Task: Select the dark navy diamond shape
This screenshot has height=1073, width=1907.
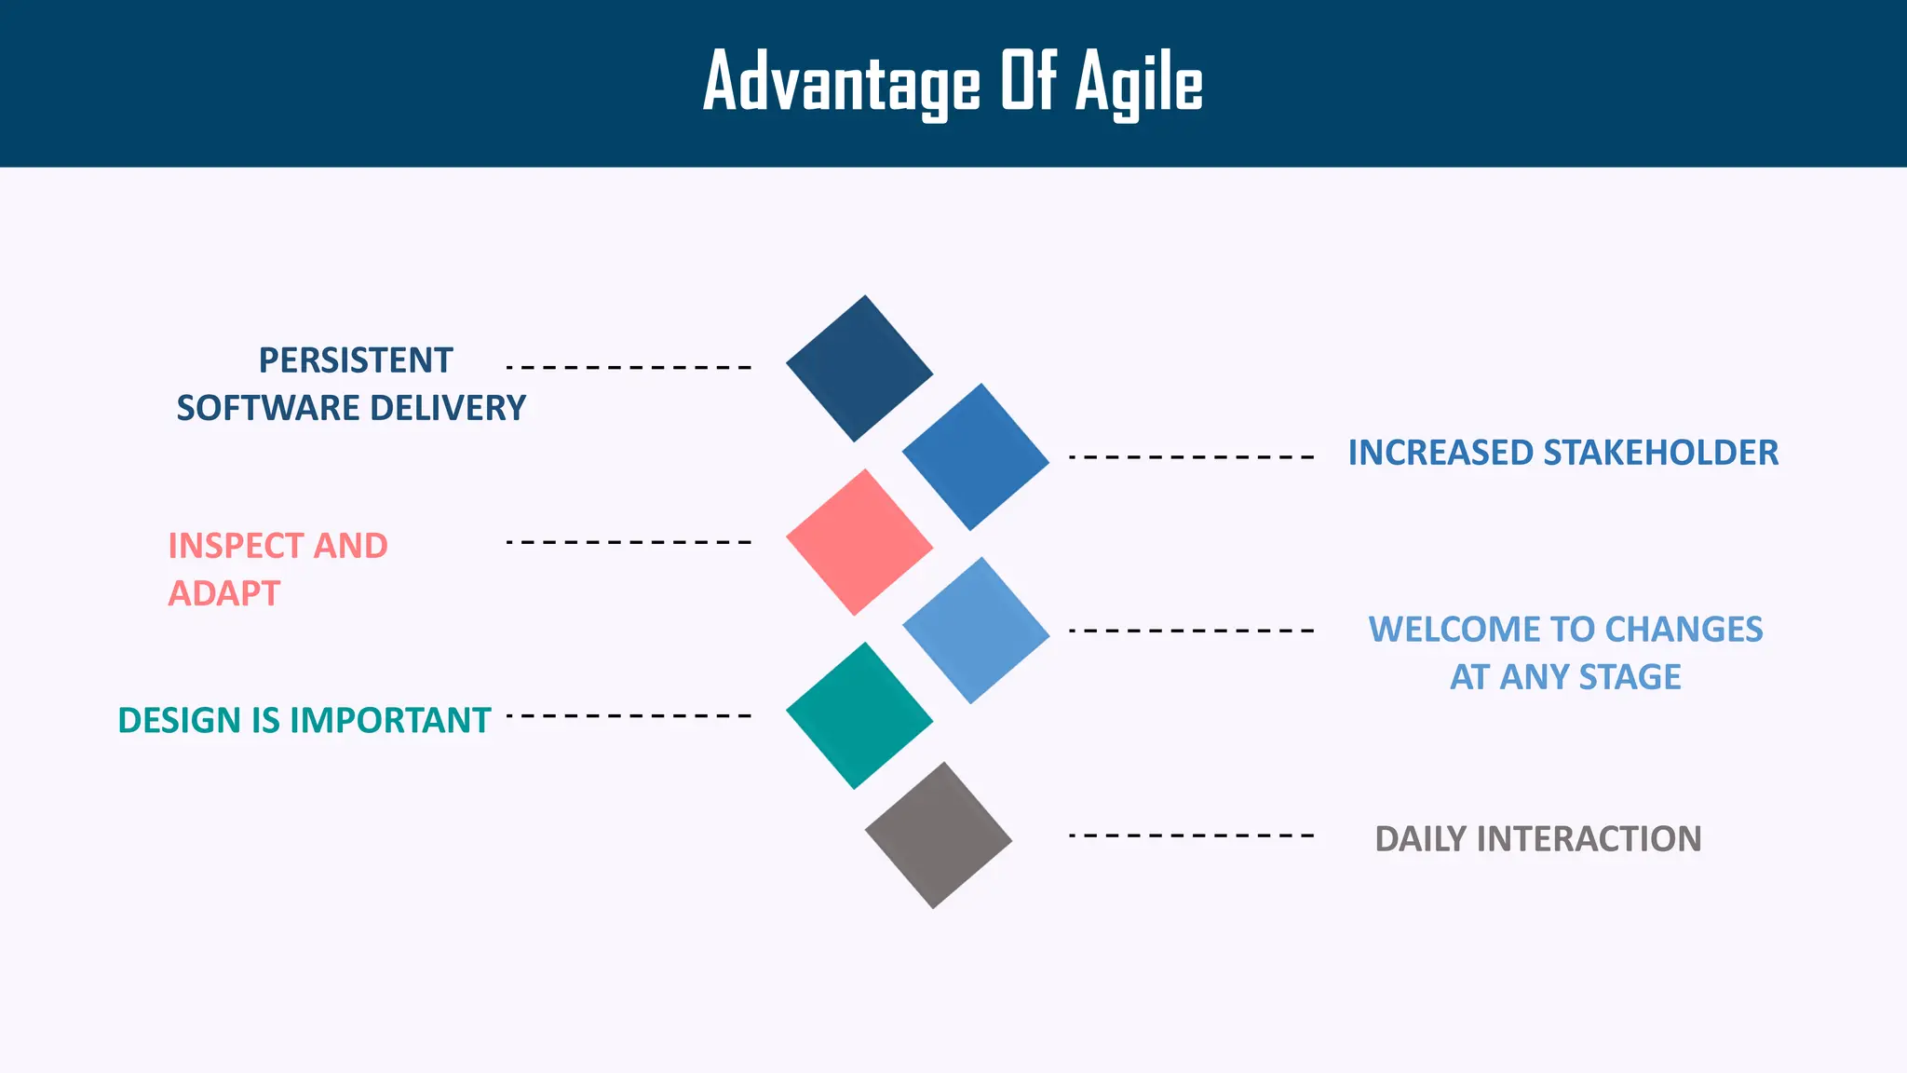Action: (859, 369)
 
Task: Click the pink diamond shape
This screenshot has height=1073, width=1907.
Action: (859, 542)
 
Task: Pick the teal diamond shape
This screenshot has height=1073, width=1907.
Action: (859, 715)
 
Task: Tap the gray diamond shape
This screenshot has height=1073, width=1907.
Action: (938, 835)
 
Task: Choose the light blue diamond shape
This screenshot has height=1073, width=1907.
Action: (976, 631)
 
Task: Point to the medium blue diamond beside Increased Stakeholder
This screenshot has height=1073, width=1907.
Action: (976, 457)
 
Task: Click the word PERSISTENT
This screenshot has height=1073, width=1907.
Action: (355, 360)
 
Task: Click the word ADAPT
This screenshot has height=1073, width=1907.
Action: (223, 593)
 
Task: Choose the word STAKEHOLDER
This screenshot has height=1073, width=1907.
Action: (1660, 453)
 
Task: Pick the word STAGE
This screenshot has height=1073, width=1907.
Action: (1630, 677)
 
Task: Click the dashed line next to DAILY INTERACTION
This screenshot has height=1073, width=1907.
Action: (1191, 835)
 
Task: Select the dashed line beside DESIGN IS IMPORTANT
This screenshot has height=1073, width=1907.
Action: (629, 715)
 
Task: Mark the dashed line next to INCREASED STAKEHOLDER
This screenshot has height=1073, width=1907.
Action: (1191, 457)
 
